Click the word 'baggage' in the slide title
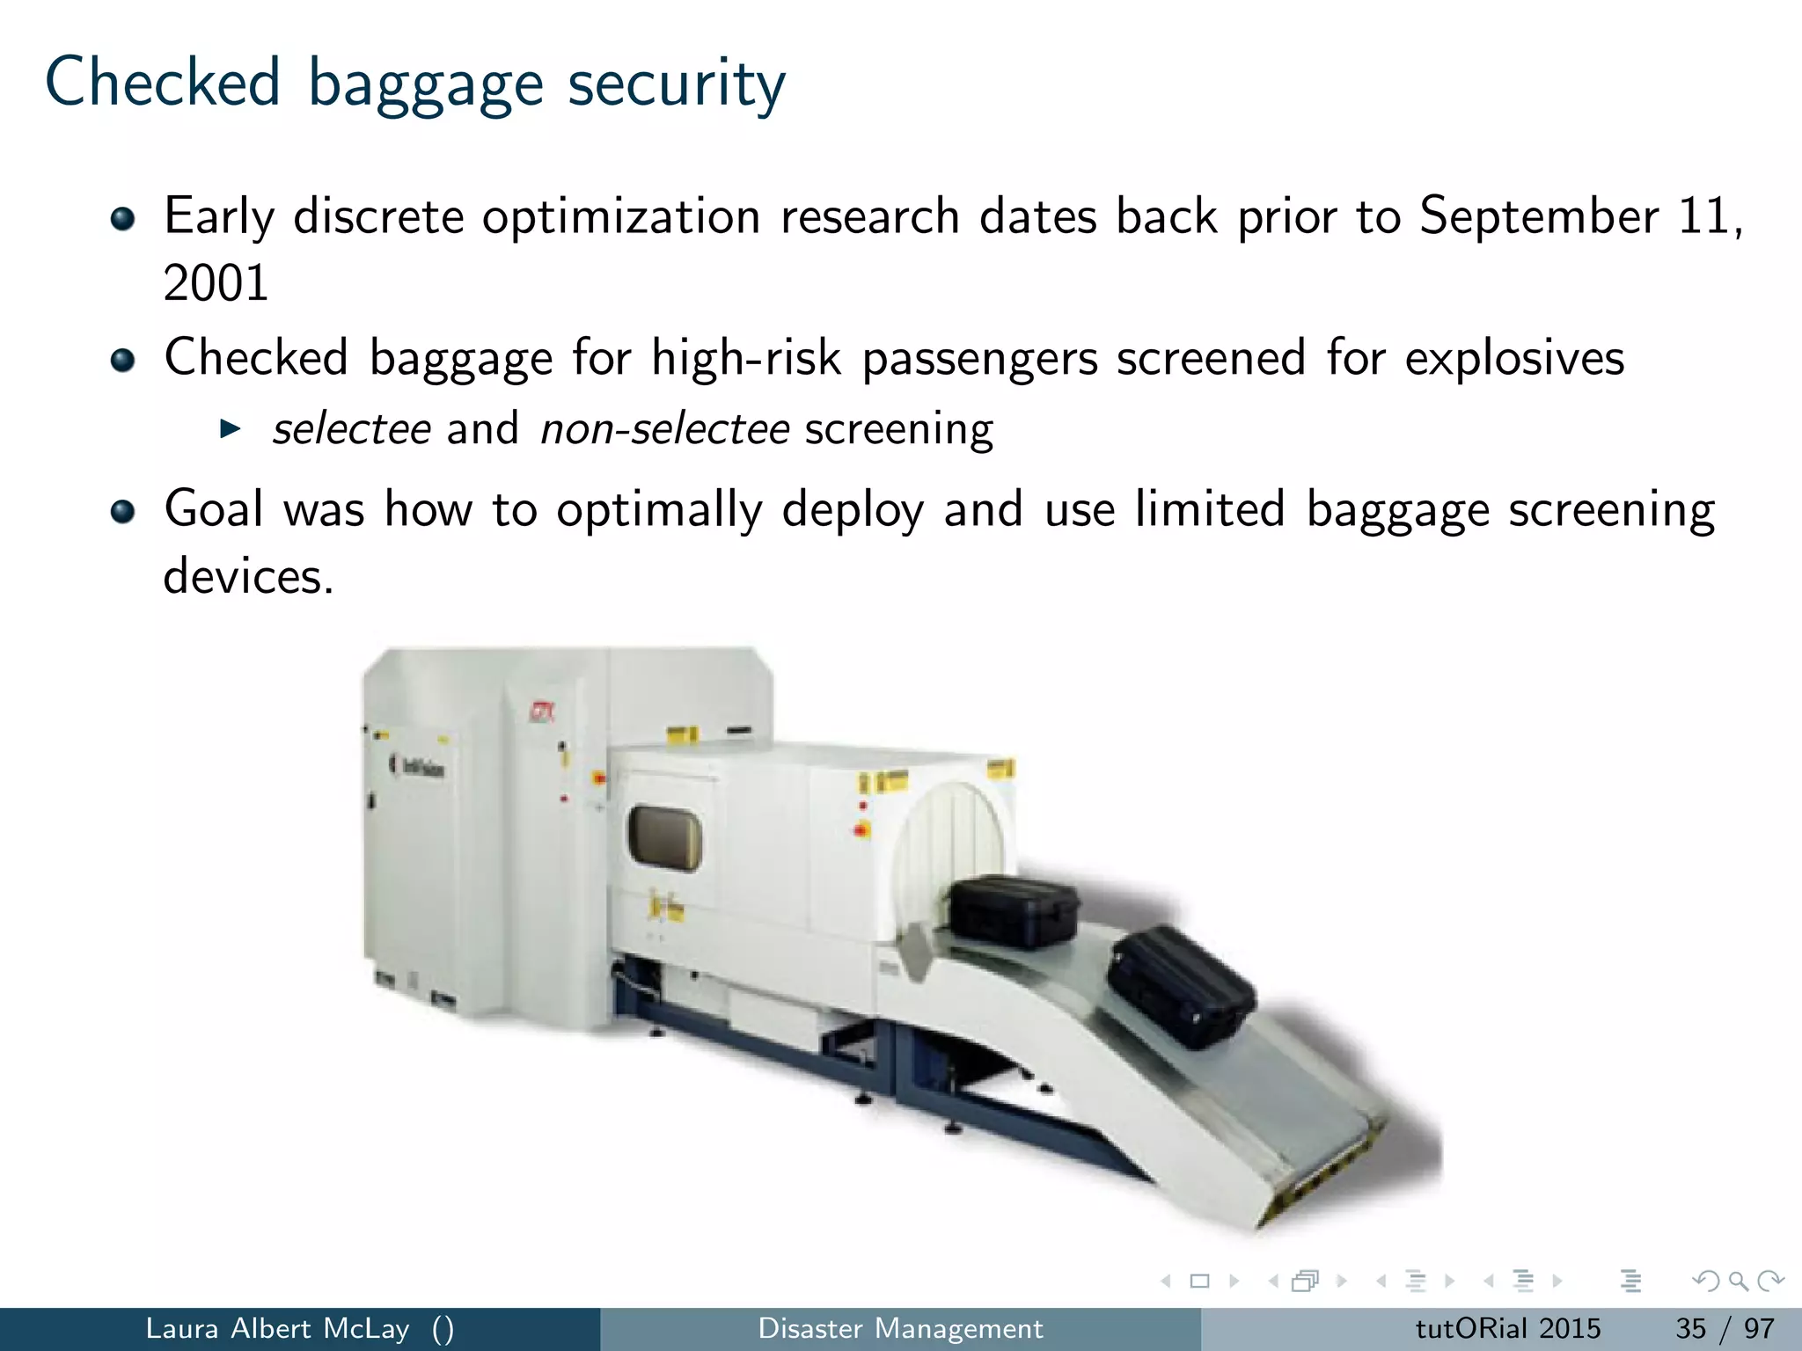pos(425,84)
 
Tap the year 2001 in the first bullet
pos(216,283)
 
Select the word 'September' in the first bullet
pos(1538,215)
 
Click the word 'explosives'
pos(1513,358)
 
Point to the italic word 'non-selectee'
pos(664,429)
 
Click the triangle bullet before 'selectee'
pos(230,429)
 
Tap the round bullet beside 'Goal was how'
pos(123,511)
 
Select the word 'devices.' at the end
pos(248,577)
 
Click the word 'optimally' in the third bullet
pos(658,510)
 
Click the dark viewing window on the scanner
pos(664,837)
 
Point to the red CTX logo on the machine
pos(541,711)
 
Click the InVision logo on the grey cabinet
pos(419,767)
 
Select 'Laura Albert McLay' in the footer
pos(277,1328)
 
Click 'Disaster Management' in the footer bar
pos(900,1328)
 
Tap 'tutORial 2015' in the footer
pos(1507,1328)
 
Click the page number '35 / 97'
pos(1724,1328)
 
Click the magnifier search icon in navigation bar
pos(1738,1281)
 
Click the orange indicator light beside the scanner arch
pos(861,829)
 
